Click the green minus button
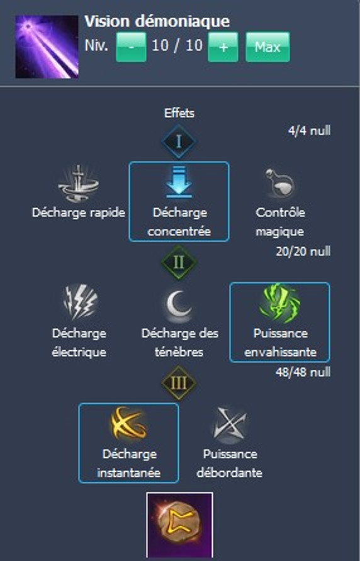coord(131,47)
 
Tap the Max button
coord(267,47)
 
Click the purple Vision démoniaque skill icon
coord(47,47)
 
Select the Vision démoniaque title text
coord(157,21)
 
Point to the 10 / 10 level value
coord(177,46)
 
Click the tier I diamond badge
coord(179,142)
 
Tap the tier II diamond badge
coord(179,262)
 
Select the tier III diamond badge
coord(179,383)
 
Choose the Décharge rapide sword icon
coord(79,184)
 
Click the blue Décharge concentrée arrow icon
coord(179,182)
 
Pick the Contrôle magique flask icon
coord(280,183)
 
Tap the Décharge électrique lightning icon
coord(79,302)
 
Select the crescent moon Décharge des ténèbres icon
coord(179,304)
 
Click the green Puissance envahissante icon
coord(280,303)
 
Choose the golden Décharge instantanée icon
coord(128,424)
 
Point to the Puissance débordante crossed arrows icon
coord(230,425)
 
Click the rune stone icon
coord(179,525)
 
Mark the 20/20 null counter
coord(303,251)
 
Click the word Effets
coord(179,113)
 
